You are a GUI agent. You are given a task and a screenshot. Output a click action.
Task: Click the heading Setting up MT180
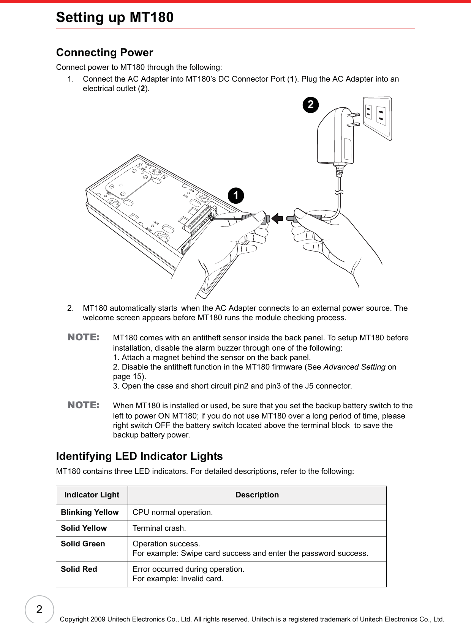coord(115,17)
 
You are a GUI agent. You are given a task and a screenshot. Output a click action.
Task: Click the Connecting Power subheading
coord(104,52)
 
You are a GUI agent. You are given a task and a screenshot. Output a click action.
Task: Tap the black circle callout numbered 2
coord(311,104)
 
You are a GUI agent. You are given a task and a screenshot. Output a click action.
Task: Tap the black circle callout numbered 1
coord(236,195)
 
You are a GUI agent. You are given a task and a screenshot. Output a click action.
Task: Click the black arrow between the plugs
coord(278,219)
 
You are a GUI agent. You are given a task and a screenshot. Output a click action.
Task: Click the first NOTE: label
coord(84,337)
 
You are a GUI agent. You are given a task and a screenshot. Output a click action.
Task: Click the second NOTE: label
coord(84,405)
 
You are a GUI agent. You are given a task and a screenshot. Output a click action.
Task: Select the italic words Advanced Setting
coord(354,367)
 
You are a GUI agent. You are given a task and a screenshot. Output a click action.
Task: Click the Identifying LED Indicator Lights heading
coord(139,456)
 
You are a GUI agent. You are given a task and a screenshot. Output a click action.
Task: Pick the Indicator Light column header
coord(92,495)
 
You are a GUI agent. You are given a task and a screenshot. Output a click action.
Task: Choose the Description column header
coord(257,495)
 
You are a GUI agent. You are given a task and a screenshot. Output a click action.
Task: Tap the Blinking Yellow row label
coord(90,512)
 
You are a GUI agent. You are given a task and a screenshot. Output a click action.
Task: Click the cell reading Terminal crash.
coord(159,528)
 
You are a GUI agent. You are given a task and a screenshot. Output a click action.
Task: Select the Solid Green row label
coord(83,544)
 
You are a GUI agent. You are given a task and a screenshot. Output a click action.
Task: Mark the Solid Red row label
coord(79,569)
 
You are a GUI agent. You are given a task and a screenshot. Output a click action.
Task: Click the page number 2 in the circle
coord(39,610)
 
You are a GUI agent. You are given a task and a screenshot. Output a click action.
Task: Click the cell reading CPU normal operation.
coord(172,512)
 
